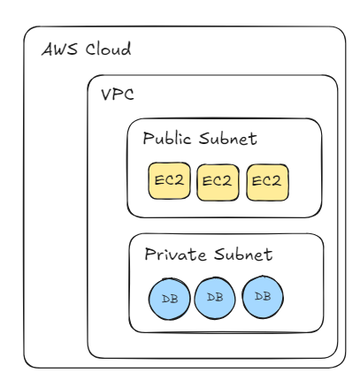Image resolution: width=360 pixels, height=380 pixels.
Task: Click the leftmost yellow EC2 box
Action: click(169, 180)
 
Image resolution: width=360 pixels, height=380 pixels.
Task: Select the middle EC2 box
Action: click(218, 182)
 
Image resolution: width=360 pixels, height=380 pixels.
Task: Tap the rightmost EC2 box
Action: click(267, 182)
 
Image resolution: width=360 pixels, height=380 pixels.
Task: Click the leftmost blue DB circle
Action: click(170, 299)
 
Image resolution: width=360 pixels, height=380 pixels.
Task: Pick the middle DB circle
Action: click(215, 298)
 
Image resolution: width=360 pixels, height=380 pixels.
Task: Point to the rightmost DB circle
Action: click(263, 297)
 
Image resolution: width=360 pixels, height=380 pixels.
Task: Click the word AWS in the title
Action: click(60, 49)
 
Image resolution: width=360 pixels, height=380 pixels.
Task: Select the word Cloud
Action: click(108, 49)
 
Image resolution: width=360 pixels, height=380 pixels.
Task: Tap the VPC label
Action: click(118, 95)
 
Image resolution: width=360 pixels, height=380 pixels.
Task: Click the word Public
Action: click(167, 138)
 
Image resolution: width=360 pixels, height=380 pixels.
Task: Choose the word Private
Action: click(175, 254)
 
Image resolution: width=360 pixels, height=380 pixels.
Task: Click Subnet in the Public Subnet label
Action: click(227, 138)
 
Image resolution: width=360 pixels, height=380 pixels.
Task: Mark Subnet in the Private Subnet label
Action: click(243, 255)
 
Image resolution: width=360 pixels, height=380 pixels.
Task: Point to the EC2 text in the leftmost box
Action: click(169, 180)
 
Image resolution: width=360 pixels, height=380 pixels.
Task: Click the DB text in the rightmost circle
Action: click(263, 296)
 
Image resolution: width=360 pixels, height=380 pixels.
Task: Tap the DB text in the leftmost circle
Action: click(170, 299)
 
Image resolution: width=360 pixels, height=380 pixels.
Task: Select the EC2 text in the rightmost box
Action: click(266, 180)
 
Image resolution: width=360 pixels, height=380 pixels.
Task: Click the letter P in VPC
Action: click(118, 95)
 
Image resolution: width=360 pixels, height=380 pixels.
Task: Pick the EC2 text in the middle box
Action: click(217, 181)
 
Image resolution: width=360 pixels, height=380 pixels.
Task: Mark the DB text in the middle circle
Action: click(215, 297)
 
